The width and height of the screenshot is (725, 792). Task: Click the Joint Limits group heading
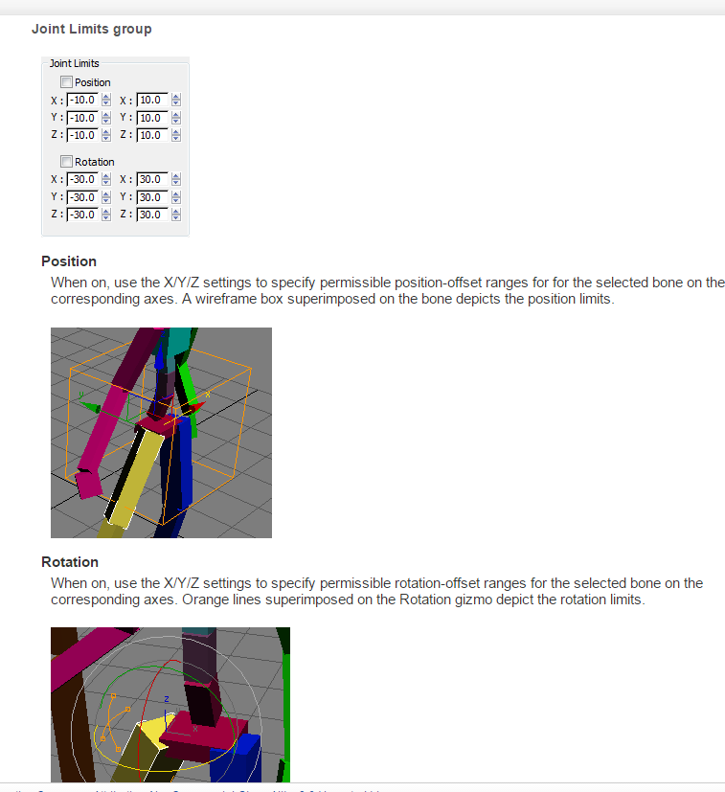coord(91,29)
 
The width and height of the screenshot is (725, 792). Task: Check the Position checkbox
coord(66,82)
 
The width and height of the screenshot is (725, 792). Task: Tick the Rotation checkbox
coord(66,162)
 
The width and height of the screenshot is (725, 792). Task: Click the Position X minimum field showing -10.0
coord(82,100)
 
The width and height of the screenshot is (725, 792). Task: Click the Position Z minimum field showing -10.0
coord(82,135)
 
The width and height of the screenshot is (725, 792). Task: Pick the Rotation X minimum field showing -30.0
coord(82,179)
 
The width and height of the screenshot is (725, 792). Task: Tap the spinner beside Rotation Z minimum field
coord(106,215)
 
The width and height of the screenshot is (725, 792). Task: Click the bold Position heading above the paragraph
coord(69,261)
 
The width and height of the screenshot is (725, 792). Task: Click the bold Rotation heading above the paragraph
coord(70,562)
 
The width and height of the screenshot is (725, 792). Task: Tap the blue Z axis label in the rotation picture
coord(166,699)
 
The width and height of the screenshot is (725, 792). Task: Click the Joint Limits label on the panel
coord(74,63)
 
